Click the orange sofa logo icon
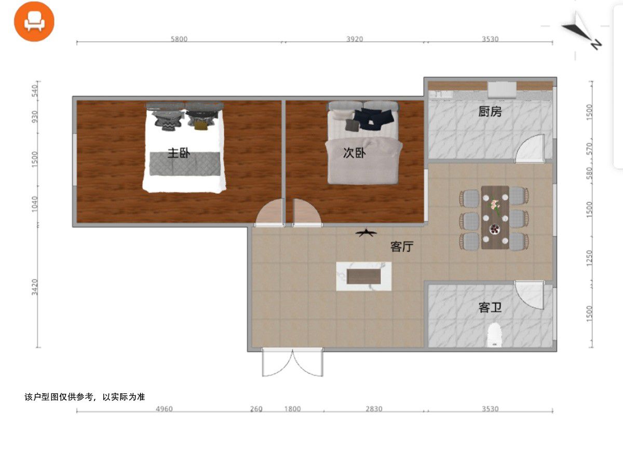click(34, 21)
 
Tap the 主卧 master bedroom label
click(179, 153)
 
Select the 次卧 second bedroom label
click(354, 153)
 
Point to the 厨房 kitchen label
click(490, 112)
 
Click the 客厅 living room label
click(402, 246)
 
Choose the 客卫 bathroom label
click(490, 308)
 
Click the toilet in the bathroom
click(494, 335)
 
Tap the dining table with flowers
click(495, 217)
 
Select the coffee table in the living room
click(363, 276)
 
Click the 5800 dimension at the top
click(179, 39)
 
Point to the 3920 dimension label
click(355, 39)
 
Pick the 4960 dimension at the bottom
click(165, 409)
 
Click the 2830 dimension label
click(374, 409)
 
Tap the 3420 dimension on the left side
click(35, 287)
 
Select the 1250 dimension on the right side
click(589, 258)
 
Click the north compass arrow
click(582, 31)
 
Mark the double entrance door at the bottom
click(292, 362)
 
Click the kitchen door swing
click(530, 148)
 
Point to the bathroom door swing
click(530, 295)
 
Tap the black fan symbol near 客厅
click(366, 232)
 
